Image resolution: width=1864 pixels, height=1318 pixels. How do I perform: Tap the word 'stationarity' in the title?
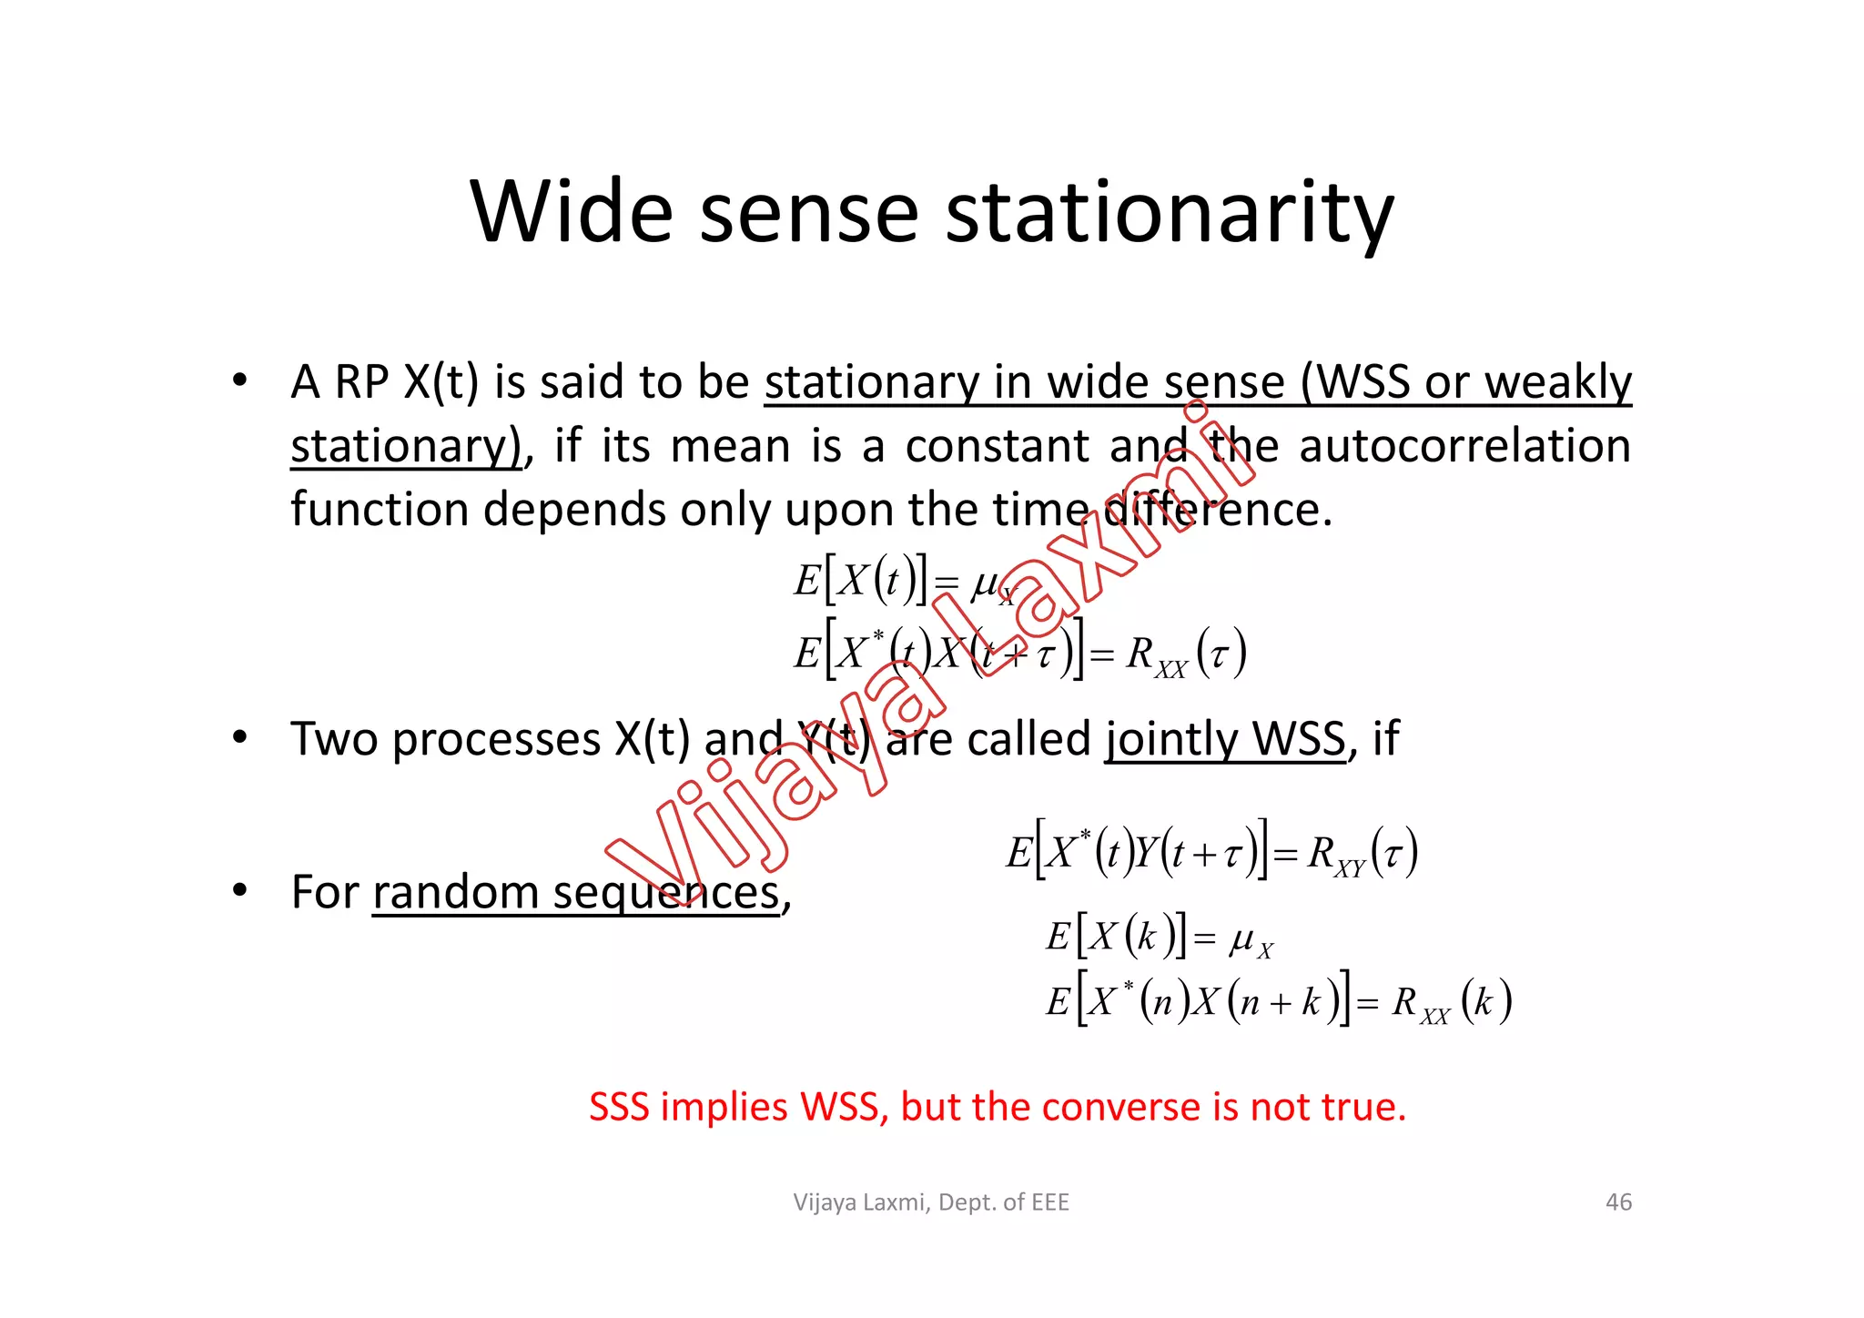coord(1170,215)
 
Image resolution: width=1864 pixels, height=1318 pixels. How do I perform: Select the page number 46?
coord(1618,1202)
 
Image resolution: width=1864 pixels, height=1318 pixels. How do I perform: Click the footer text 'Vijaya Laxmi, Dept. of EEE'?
coord(931,1202)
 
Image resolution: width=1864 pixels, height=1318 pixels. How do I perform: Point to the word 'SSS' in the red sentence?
coord(623,1107)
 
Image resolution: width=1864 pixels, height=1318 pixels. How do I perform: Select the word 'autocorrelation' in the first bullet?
coord(1464,446)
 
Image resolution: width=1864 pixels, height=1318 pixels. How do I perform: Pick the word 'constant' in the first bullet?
coord(997,446)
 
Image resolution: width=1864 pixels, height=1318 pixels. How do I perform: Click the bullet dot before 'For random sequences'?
coord(239,889)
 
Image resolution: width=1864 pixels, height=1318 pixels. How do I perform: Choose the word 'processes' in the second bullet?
coord(496,739)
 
